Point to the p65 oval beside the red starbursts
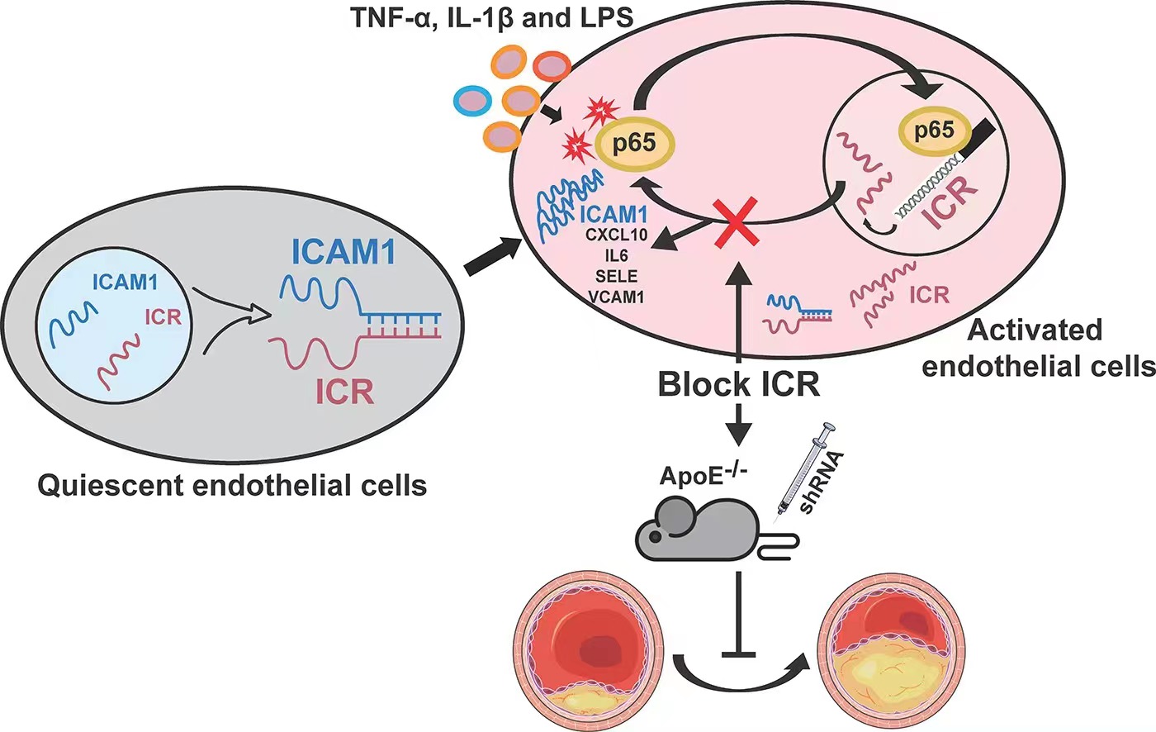(x=633, y=143)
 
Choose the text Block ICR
(x=739, y=384)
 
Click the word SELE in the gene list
(x=616, y=277)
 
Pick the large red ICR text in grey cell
(x=345, y=391)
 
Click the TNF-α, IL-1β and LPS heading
(x=493, y=18)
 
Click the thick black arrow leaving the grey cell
(x=492, y=256)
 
